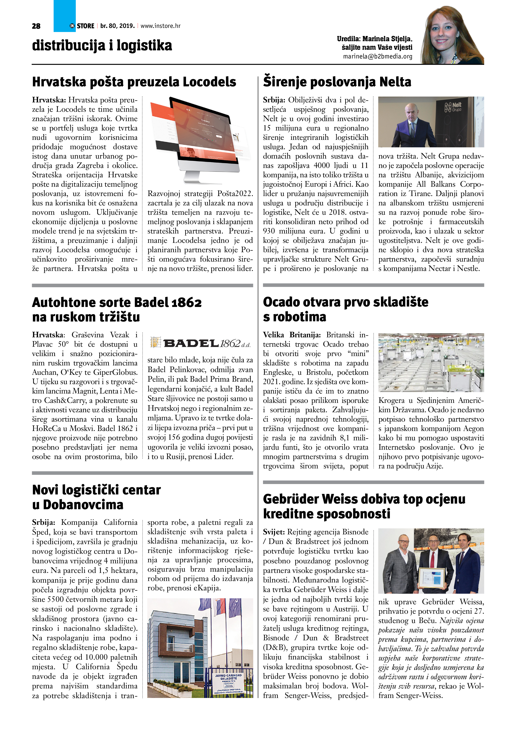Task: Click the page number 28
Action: (x=36, y=26)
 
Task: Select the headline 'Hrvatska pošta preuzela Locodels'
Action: (x=134, y=82)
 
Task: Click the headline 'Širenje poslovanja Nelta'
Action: (x=337, y=82)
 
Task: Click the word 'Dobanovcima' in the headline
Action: (x=83, y=505)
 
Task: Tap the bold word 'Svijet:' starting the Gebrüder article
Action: (x=274, y=532)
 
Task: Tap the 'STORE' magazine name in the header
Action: (x=86, y=26)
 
